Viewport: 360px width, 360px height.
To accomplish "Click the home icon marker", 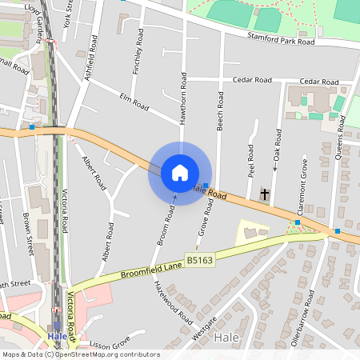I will coord(179,173).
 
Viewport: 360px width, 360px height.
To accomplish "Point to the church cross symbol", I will coord(266,194).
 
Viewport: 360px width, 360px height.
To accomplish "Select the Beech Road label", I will coord(219,110).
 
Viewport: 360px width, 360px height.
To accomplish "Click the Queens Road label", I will coord(339,137).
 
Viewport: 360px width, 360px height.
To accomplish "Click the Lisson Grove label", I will coord(110,345).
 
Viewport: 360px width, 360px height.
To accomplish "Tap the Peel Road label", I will coord(250,161).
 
